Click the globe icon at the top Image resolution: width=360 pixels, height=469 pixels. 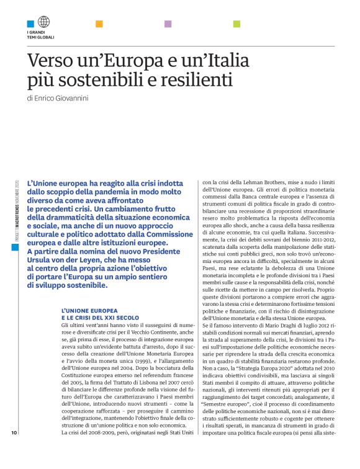click(x=43, y=22)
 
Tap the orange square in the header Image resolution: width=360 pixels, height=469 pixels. click(x=99, y=24)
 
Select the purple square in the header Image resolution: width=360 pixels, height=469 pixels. click(x=168, y=24)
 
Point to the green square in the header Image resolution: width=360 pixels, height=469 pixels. click(x=236, y=24)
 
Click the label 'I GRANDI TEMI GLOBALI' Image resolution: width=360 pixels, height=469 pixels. click(x=40, y=35)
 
